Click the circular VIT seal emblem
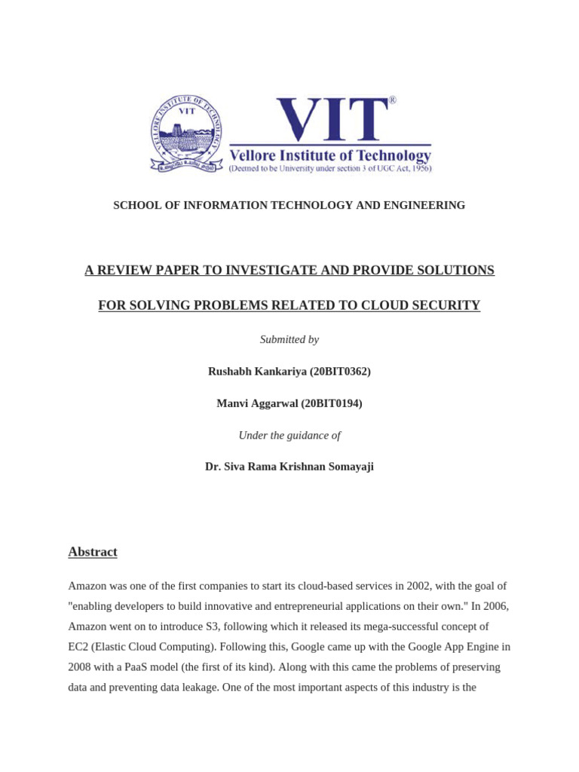click(x=187, y=134)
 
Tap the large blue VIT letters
click(x=330, y=119)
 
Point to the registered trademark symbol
click(x=392, y=100)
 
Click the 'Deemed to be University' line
click(x=330, y=170)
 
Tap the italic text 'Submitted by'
click(x=289, y=339)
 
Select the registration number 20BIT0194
click(x=332, y=403)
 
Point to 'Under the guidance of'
click(x=289, y=435)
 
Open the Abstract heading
click(x=93, y=552)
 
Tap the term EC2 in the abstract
click(x=80, y=647)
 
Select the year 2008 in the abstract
click(x=81, y=667)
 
